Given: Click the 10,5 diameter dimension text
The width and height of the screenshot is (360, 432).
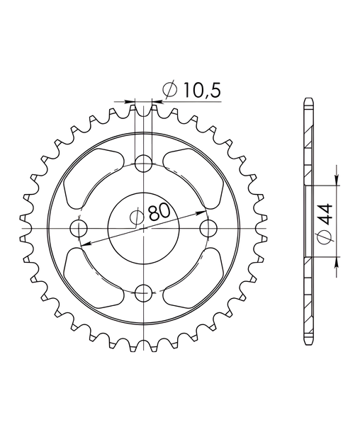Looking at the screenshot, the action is pyautogui.click(x=202, y=90).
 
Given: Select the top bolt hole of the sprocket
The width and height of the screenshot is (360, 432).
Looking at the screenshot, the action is pyautogui.click(x=143, y=163).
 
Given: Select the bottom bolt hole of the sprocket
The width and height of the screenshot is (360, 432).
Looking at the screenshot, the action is pyautogui.click(x=143, y=293).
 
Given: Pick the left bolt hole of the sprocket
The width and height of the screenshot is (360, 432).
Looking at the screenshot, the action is pyautogui.click(x=79, y=229).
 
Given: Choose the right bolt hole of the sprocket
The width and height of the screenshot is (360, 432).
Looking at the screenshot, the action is pyautogui.click(x=208, y=229).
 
